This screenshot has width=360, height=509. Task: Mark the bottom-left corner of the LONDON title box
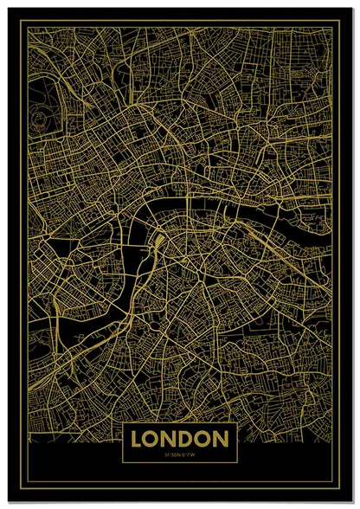tap(126, 463)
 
